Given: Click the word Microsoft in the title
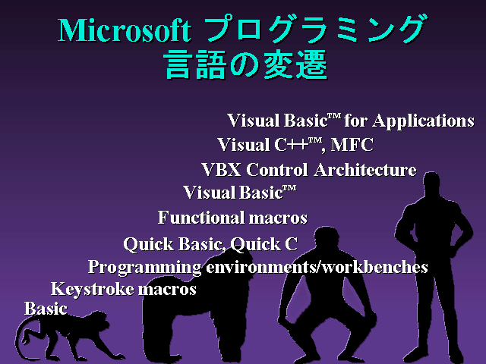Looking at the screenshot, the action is pyautogui.click(x=124, y=30).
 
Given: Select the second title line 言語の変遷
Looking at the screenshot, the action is pyautogui.click(x=245, y=64).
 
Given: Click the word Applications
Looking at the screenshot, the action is pyautogui.click(x=424, y=121).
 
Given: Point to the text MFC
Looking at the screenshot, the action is pyautogui.click(x=352, y=145).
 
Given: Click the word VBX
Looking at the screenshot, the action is pyautogui.click(x=221, y=170).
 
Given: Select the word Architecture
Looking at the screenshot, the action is pyautogui.click(x=364, y=170).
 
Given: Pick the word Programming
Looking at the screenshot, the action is pyautogui.click(x=144, y=268).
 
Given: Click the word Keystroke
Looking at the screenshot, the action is pyautogui.click(x=92, y=290).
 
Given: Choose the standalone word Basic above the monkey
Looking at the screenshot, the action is pyautogui.click(x=46, y=309).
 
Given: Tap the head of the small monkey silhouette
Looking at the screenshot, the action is pyautogui.click(x=99, y=320).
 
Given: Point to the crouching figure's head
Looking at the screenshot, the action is pyautogui.click(x=327, y=238).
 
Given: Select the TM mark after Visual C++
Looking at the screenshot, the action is pyautogui.click(x=315, y=141).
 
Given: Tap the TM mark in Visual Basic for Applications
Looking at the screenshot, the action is pyautogui.click(x=334, y=116).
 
